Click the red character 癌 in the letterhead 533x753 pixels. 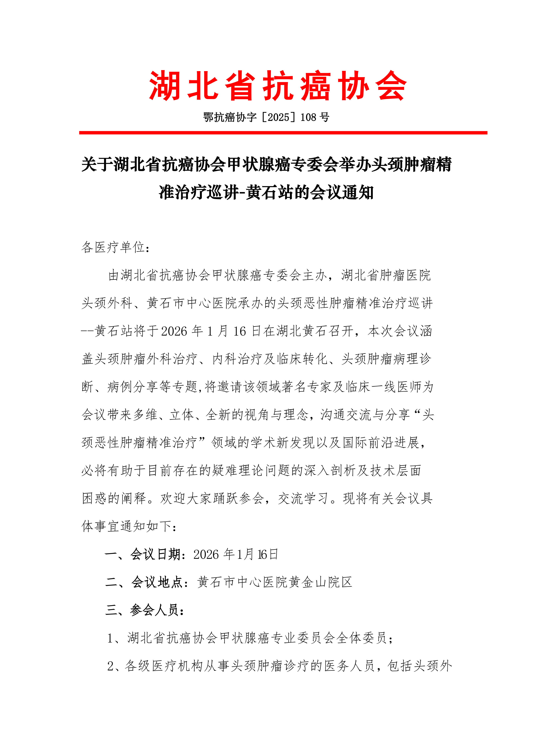tap(316, 86)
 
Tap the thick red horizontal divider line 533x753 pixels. tap(283, 133)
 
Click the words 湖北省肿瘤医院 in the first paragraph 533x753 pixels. tap(386, 275)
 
